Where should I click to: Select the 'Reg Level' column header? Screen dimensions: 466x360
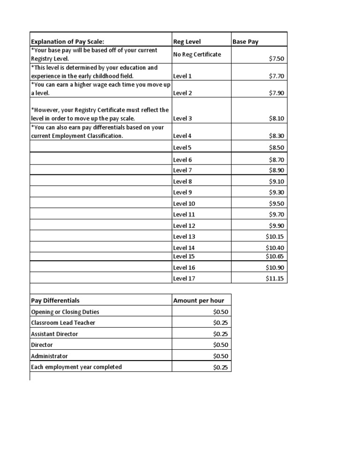click(187, 42)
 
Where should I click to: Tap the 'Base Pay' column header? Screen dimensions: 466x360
click(246, 42)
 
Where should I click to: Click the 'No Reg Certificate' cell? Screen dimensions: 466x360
click(197, 54)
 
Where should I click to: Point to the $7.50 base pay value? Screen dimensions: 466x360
click(277, 59)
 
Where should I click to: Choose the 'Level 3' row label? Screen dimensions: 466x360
click(183, 119)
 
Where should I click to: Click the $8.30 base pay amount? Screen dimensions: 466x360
click(277, 136)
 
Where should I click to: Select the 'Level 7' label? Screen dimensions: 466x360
click(183, 170)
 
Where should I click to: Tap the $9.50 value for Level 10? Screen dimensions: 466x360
click(277, 203)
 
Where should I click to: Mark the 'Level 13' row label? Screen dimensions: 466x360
click(184, 237)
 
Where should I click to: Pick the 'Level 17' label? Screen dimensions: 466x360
click(184, 278)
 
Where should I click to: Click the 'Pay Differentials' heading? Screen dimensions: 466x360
click(55, 301)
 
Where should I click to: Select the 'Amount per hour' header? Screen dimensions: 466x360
click(199, 301)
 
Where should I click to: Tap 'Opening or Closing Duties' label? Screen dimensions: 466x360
click(65, 312)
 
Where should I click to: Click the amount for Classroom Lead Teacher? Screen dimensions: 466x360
click(220, 323)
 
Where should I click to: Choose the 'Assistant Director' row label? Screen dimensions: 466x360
click(54, 334)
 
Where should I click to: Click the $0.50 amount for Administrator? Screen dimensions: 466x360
click(220, 356)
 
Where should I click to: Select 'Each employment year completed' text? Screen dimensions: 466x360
click(76, 367)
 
